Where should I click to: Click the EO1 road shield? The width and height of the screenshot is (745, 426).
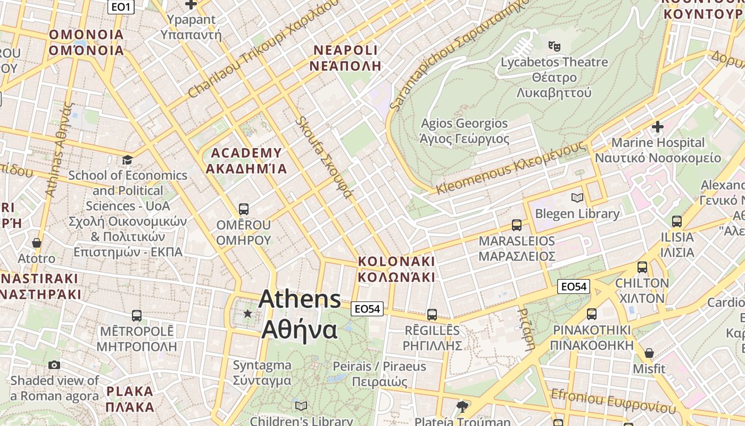[x=121, y=7]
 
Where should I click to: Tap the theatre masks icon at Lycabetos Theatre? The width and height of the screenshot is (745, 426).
[x=554, y=46]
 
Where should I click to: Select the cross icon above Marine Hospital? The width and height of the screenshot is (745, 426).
[x=658, y=127]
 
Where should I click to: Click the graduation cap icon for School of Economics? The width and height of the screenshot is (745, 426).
[x=127, y=160]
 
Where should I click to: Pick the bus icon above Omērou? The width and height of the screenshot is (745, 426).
[x=244, y=209]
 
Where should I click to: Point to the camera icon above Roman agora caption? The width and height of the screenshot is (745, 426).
[x=54, y=365]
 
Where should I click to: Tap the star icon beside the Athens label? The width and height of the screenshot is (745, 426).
[x=247, y=314]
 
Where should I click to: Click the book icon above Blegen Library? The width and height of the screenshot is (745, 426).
[x=577, y=198]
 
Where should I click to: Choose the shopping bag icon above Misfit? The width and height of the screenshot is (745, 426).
[x=649, y=353]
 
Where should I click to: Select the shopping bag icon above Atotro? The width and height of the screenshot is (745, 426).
[x=37, y=243]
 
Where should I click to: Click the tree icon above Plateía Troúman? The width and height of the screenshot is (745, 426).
[x=462, y=407]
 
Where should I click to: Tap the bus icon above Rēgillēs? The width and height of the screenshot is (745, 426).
[x=432, y=315]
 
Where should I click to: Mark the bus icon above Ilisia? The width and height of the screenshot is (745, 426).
[x=677, y=221]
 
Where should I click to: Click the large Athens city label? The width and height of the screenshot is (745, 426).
[x=300, y=314]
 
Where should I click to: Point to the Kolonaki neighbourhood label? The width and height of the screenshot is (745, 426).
[x=396, y=269]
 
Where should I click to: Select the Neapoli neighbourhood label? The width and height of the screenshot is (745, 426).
[x=346, y=58]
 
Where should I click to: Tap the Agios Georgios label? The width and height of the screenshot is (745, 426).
[x=465, y=131]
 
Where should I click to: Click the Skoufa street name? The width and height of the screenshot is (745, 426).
[x=325, y=157]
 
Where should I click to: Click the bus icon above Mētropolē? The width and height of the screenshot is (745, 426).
[x=137, y=315]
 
